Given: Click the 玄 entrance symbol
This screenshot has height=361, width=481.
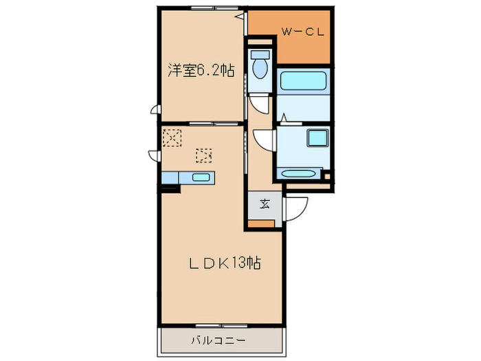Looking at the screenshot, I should pos(265,203).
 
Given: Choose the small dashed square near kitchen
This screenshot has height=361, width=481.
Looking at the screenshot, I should pos(203,155).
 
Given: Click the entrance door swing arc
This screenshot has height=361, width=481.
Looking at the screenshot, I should pos(295,209).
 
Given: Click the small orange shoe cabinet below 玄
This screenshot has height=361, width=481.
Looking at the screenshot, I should pos(260,223).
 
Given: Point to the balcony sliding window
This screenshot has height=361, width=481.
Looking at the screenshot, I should pos(220,325).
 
